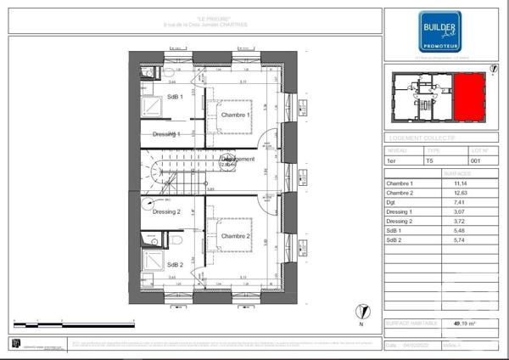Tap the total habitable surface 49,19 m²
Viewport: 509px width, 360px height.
[x=463, y=323]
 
